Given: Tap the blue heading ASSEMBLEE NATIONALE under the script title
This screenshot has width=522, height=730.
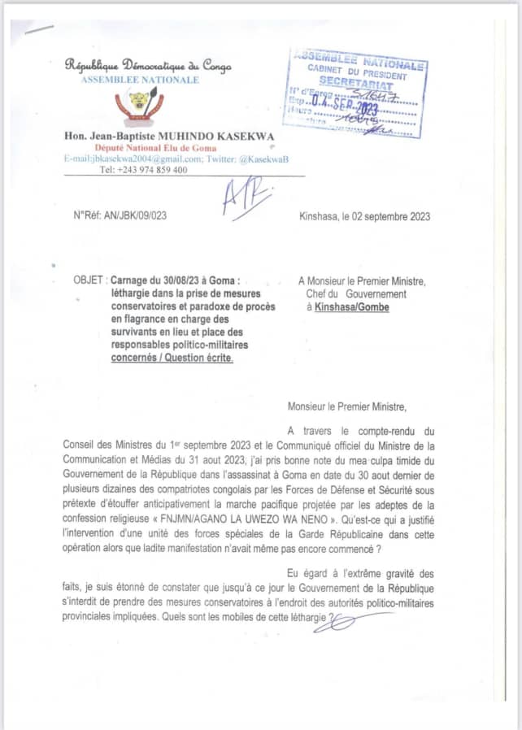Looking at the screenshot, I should pyautogui.click(x=140, y=80).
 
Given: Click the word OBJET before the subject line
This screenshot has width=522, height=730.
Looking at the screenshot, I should pyautogui.click(x=88, y=280).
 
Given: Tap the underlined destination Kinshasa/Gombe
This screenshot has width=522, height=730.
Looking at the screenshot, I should pyautogui.click(x=351, y=306).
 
